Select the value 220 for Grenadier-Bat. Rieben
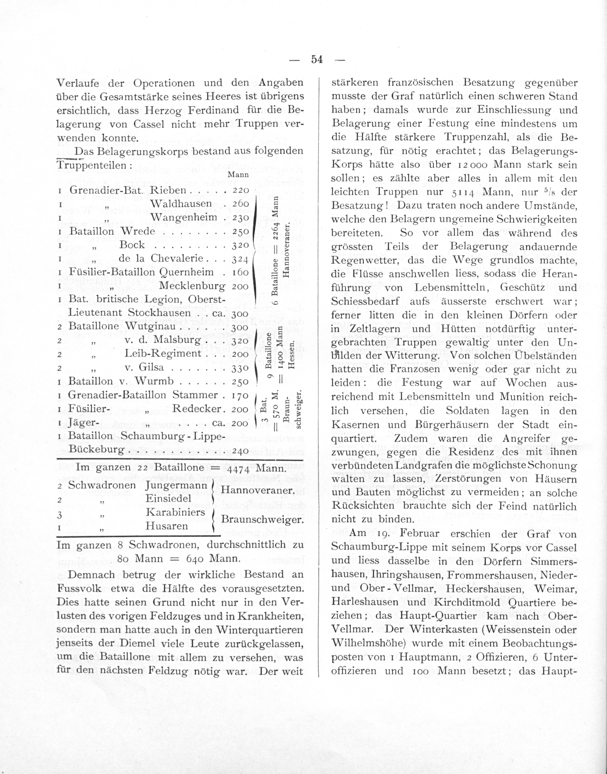pyautogui.click(x=240, y=190)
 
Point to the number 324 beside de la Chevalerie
pyautogui.click(x=240, y=259)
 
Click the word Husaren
pyautogui.click(x=167, y=526)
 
